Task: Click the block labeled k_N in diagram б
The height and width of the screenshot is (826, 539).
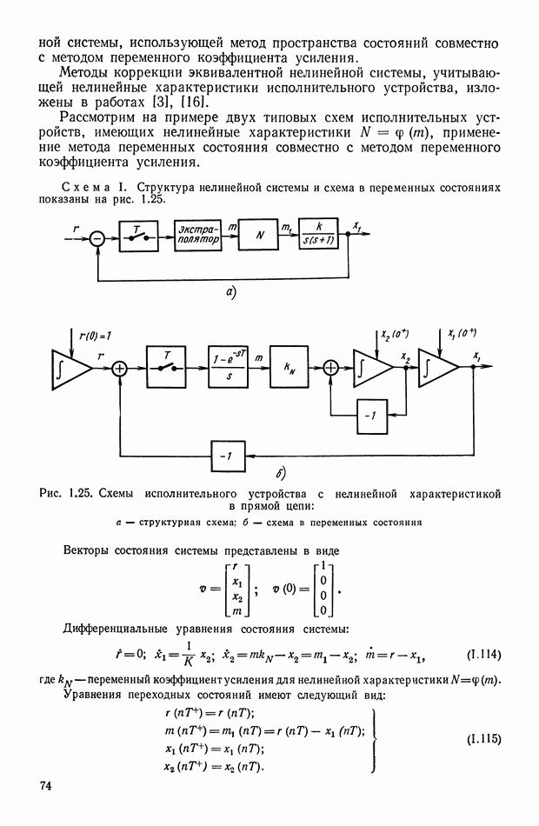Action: click(x=289, y=369)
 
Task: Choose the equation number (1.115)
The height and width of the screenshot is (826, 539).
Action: click(x=482, y=740)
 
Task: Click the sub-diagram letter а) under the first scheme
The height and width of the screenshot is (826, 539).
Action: click(x=231, y=293)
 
